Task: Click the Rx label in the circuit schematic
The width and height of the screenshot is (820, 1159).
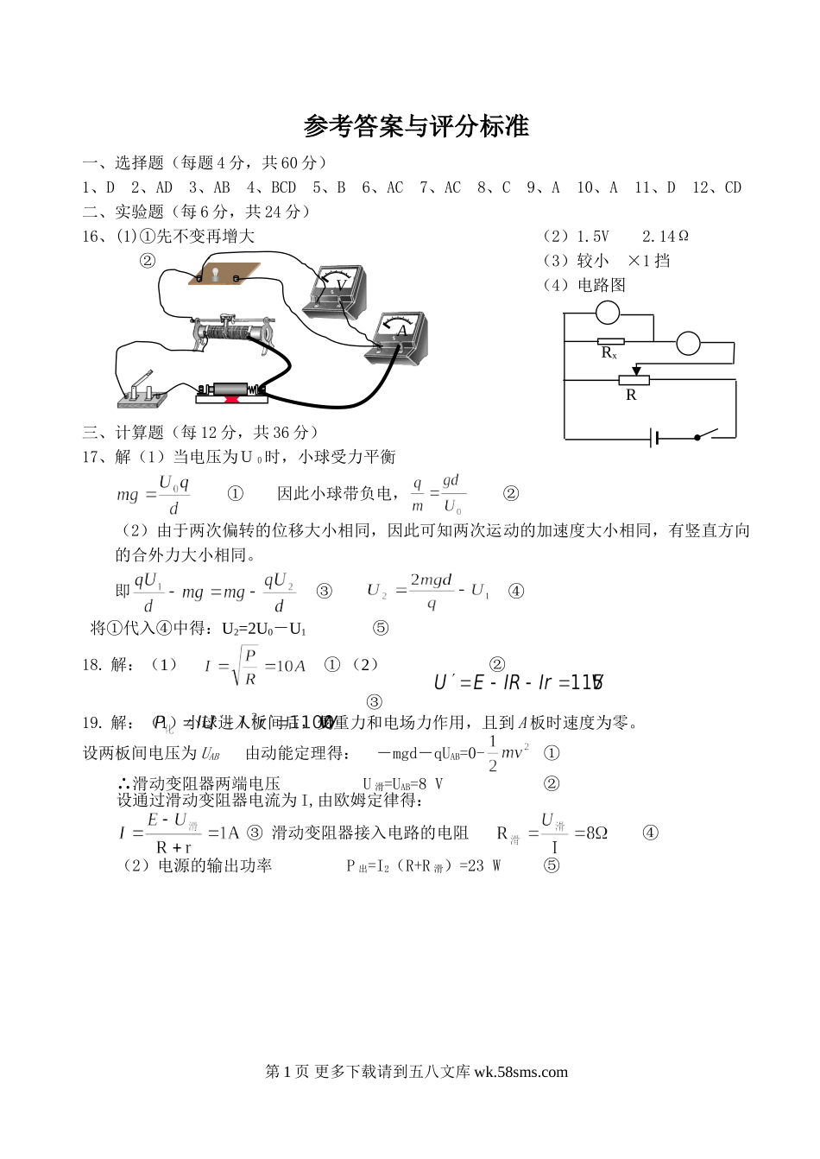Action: pyautogui.click(x=609, y=353)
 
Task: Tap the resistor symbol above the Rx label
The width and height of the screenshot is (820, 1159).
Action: pyautogui.click(x=610, y=342)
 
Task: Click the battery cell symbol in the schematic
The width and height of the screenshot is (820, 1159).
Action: pyautogui.click(x=655, y=439)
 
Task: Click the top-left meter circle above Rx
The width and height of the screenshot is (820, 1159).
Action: pyautogui.click(x=609, y=312)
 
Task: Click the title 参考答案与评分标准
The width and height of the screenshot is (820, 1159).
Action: pyautogui.click(x=416, y=127)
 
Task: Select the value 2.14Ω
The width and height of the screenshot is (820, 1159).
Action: pyautogui.click(x=665, y=236)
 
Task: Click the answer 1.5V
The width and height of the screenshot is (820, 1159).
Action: pyautogui.click(x=592, y=236)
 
